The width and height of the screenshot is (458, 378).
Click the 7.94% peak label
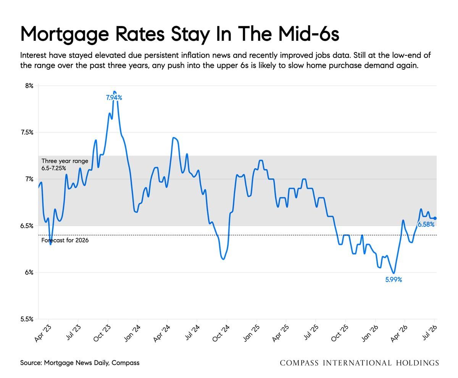(114, 98)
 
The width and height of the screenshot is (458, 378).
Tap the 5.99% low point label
(393, 279)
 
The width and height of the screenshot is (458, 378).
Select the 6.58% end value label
(426, 225)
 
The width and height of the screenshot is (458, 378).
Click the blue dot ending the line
(435, 218)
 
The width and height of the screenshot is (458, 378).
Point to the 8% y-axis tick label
(29, 86)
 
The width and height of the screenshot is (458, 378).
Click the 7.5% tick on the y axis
(27, 132)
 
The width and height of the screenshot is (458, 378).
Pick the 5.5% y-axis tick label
(27, 319)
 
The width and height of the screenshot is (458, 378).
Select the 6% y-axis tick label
(29, 272)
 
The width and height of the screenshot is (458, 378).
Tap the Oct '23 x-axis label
(102, 333)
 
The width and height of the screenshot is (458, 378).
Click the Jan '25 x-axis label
(251, 333)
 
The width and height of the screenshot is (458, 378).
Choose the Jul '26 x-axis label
(429, 332)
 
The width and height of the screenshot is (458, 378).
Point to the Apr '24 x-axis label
(162, 333)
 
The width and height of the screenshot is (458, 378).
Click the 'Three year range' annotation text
(65, 161)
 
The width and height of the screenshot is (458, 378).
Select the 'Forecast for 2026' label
(65, 240)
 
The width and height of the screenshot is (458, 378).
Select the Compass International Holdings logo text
(359, 363)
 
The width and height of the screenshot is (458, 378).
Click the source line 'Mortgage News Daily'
(76, 363)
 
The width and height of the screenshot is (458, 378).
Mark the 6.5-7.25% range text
(54, 168)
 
